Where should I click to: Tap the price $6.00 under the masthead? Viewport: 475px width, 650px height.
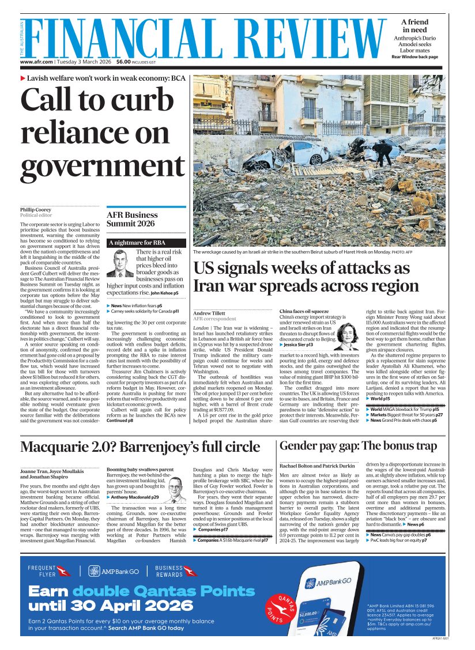tap(123, 62)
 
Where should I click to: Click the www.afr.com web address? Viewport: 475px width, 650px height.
tap(37, 62)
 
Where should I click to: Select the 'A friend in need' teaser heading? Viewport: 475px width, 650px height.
tap(414, 25)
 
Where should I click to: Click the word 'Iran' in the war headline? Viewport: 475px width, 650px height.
tap(210, 286)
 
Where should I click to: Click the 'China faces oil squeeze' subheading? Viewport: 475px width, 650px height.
tap(304, 311)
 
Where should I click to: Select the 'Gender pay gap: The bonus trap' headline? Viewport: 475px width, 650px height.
tap(358, 445)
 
